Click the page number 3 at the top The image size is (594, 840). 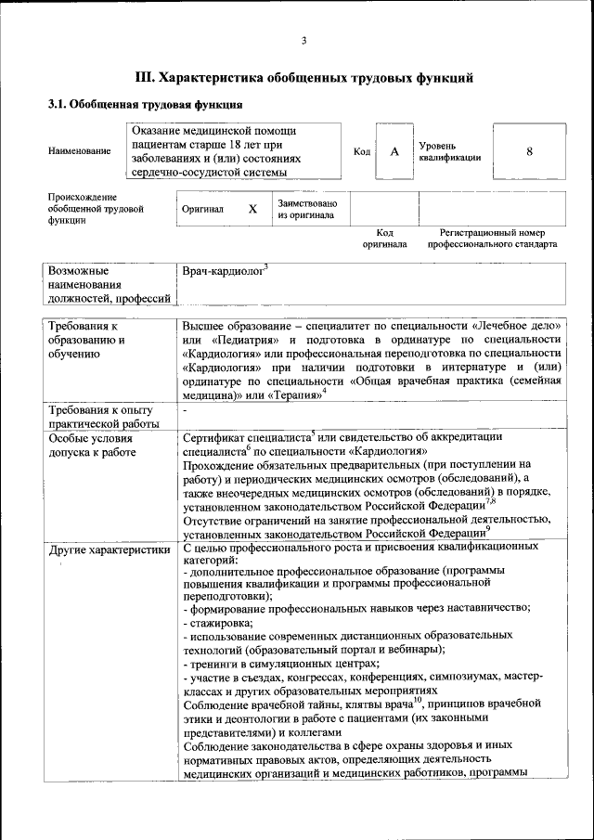click(304, 40)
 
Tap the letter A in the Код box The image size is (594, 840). click(394, 151)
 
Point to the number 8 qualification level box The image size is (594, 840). click(529, 151)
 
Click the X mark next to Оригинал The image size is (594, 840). click(252, 210)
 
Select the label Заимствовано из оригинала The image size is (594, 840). click(307, 209)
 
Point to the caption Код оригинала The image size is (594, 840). click(384, 239)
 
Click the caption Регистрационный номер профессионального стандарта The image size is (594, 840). click(492, 239)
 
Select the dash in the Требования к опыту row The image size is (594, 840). click(186, 410)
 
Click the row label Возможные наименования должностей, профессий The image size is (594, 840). click(109, 284)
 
